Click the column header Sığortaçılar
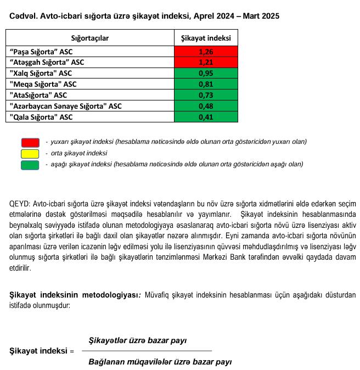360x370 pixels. [x=90, y=38]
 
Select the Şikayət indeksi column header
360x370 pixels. [x=206, y=38]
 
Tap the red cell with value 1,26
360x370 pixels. [x=206, y=52]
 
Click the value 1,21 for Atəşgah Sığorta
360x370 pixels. [x=206, y=63]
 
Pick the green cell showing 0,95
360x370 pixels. [x=206, y=74]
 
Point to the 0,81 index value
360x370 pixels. [x=206, y=85]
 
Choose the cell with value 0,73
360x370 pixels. [x=206, y=95]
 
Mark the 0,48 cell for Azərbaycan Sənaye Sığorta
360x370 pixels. [x=206, y=106]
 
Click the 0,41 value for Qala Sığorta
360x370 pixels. [x=206, y=117]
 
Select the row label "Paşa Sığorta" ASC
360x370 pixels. [x=41, y=52]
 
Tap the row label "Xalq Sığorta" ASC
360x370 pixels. [x=41, y=74]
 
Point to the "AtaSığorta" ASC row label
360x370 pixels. [x=38, y=95]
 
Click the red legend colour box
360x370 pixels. [x=30, y=142]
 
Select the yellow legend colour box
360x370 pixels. [x=30, y=153]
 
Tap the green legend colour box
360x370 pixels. [x=30, y=164]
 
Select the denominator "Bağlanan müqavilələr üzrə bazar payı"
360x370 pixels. [x=160, y=362]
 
